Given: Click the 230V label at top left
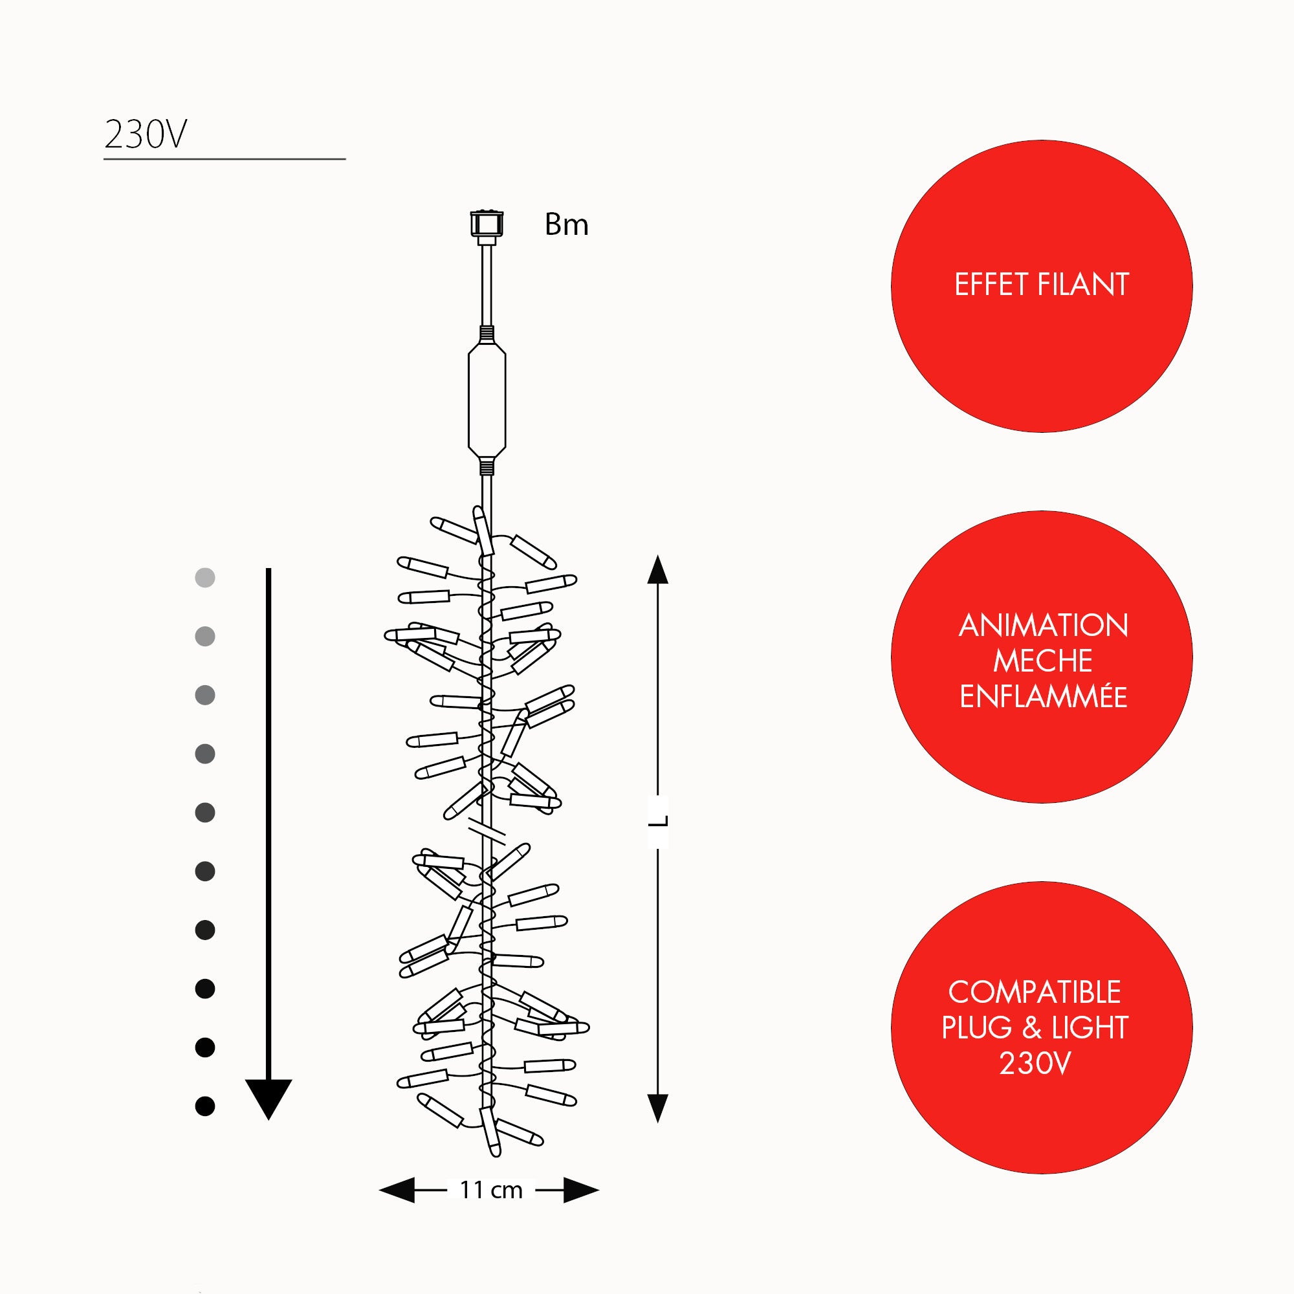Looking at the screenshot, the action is tap(146, 134).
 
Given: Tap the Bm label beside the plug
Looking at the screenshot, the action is tap(566, 225).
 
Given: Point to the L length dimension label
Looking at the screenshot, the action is tap(659, 820).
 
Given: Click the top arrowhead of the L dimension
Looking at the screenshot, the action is tap(658, 569).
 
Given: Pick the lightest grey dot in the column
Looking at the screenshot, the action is tap(205, 577).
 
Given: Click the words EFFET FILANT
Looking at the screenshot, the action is tap(1042, 285).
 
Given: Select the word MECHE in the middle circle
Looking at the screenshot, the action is tap(1042, 661).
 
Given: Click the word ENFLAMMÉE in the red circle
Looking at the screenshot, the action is tap(1043, 697).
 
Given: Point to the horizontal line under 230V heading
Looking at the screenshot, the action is tap(225, 159).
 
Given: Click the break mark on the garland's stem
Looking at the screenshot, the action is tap(487, 831).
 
